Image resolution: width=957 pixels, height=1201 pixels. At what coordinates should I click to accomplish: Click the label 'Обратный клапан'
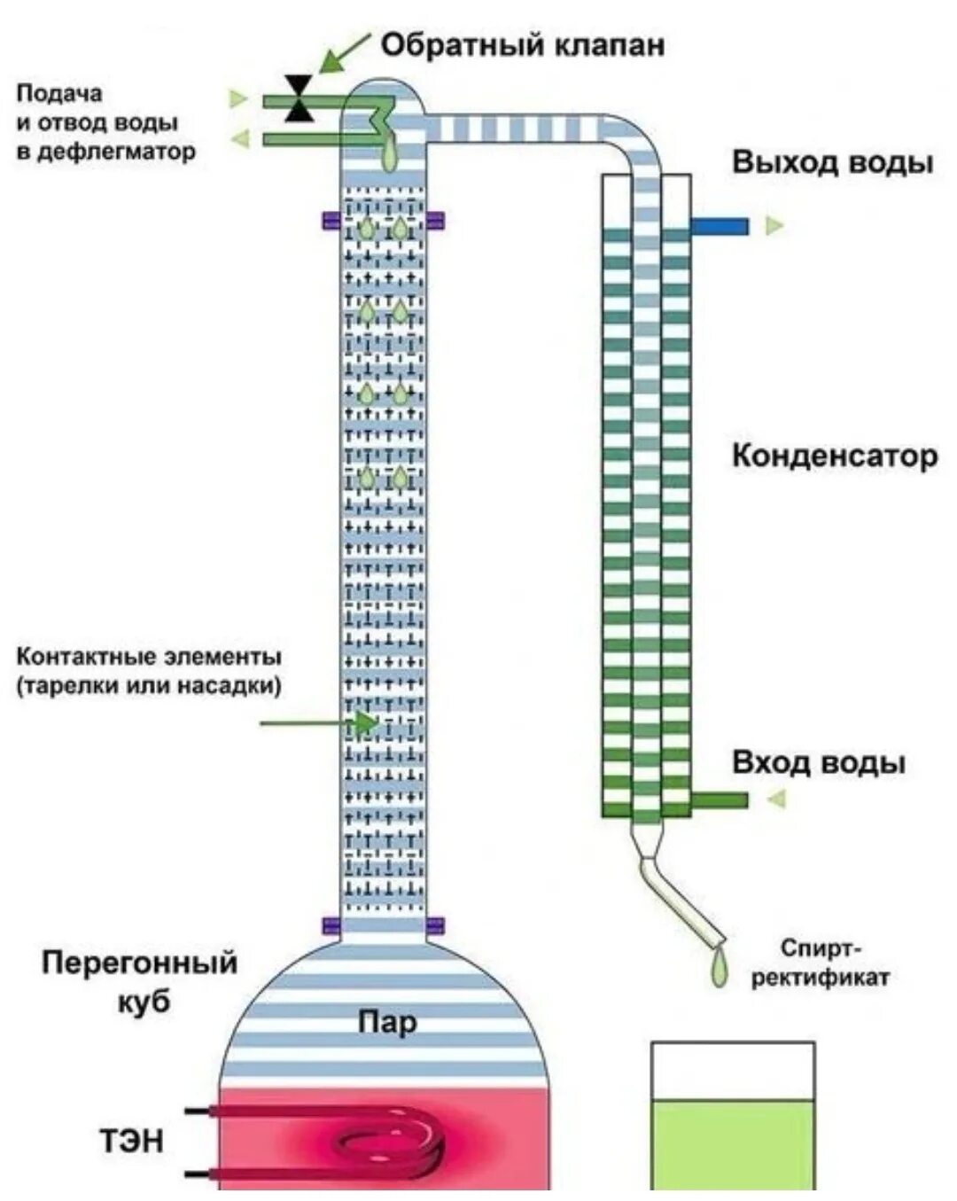[522, 45]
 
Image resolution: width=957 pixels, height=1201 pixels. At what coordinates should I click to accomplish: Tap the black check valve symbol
[300, 98]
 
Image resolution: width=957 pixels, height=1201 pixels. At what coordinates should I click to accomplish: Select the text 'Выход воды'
[832, 163]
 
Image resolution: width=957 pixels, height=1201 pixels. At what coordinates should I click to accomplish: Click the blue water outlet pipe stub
[719, 227]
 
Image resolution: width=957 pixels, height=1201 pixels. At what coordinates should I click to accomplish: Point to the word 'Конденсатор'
[834, 456]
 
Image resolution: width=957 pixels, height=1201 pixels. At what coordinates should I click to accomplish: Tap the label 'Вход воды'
[818, 763]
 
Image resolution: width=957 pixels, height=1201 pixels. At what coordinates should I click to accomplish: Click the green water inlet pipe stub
[719, 800]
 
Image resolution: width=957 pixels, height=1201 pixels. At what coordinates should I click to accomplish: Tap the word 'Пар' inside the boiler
[386, 1022]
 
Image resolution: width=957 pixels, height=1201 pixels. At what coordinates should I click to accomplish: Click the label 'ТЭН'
[131, 1141]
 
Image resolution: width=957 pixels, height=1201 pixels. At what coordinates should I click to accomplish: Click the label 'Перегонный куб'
[140, 982]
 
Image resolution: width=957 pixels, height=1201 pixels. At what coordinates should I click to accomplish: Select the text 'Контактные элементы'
[149, 657]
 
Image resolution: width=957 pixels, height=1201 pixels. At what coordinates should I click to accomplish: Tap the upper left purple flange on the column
[331, 221]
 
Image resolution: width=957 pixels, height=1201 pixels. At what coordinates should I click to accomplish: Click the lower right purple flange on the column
[435, 927]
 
